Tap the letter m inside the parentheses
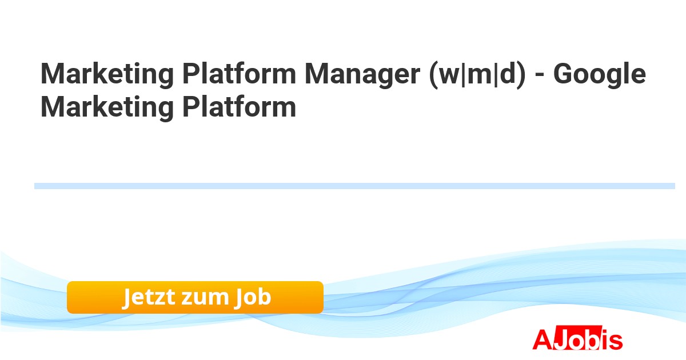click(480, 76)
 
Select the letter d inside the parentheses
click(507, 74)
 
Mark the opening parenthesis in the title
click(434, 75)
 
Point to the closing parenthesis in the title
click(521, 75)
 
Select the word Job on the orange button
click(253, 297)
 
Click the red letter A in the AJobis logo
click(543, 339)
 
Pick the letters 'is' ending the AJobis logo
click(612, 339)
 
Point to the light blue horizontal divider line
click(354, 186)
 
